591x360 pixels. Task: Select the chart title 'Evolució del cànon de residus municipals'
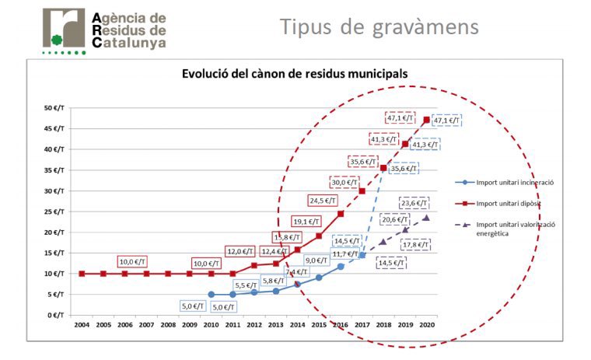295,75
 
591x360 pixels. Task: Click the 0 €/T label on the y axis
55,315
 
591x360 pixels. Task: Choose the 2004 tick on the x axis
81,324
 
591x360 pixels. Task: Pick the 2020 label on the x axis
426,324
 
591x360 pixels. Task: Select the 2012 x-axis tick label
254,324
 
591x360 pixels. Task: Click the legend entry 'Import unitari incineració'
508,183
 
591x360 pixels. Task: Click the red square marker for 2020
426,120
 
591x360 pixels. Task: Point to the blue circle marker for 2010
211,295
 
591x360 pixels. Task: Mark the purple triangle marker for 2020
426,218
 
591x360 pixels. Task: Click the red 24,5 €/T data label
323,200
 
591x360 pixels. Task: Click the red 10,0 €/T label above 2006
133,262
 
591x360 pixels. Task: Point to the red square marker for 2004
81,274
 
